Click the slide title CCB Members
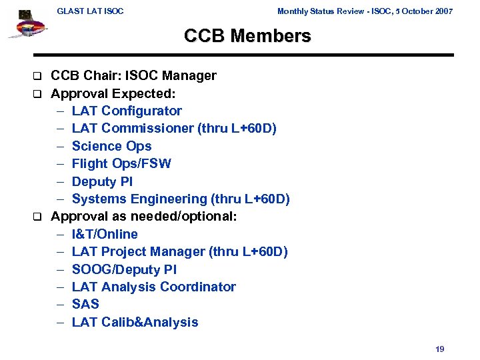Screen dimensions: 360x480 pos(247,37)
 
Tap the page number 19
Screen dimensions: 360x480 pos(439,349)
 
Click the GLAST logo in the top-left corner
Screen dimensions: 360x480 pos(27,25)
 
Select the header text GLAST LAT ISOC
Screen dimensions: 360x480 pos(90,11)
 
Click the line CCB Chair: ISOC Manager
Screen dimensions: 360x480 pos(133,75)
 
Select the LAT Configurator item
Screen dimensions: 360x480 pos(127,111)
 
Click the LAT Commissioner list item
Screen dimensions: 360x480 pos(173,129)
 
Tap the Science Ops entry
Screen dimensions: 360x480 pos(111,146)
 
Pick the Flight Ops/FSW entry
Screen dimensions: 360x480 pos(121,163)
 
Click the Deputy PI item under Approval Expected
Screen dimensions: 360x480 pos(102,181)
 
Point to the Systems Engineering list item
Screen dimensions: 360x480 pos(181,199)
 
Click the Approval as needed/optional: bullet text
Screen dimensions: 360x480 pos(144,217)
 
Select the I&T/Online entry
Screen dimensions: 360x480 pos(105,234)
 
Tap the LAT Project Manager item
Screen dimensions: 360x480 pos(179,251)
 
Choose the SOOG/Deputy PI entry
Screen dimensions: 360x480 pos(125,269)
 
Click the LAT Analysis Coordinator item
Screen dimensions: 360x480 pos(153,287)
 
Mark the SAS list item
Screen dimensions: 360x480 pos(85,304)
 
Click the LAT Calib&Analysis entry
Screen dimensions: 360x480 pos(135,322)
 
